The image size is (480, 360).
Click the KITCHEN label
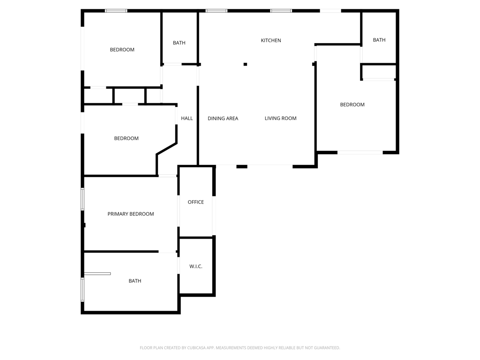pos(270,40)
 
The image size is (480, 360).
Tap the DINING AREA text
pos(223,119)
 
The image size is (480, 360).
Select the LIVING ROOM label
pos(280,118)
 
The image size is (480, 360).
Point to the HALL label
pos(187,118)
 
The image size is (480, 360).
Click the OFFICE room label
pos(195,202)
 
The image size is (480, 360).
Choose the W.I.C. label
pos(195,266)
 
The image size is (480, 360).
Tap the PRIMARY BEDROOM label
pos(131,214)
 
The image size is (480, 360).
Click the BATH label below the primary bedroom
pos(135,281)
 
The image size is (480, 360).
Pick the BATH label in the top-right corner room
pos(379,40)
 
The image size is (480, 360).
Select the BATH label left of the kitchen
pos(179,43)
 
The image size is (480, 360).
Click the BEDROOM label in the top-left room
pos(122,50)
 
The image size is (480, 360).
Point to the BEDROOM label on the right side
pos(352,105)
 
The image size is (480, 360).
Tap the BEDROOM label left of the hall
pos(126,138)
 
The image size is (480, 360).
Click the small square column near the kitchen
pos(245,64)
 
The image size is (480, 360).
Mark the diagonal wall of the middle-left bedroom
pos(167,149)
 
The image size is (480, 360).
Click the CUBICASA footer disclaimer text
pos(240,348)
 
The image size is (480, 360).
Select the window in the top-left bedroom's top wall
pos(116,11)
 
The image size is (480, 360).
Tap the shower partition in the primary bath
pos(97,274)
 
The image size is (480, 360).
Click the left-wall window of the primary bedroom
pos(82,199)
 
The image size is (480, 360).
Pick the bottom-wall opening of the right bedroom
pos(360,152)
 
